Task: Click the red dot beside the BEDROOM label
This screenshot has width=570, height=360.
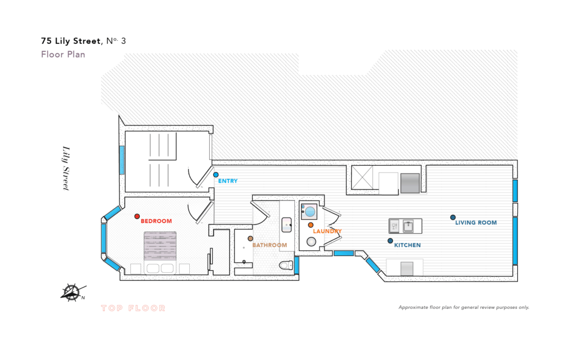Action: [x=137, y=216]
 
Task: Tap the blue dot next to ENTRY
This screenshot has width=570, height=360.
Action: [x=216, y=175]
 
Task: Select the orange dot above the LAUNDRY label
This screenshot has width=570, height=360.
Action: [x=311, y=225]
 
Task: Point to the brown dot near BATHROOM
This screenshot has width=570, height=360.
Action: [x=250, y=239]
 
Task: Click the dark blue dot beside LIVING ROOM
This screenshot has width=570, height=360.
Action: [x=453, y=218]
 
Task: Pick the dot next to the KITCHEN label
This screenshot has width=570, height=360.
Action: [x=390, y=241]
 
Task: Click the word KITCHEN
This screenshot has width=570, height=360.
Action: [x=407, y=245]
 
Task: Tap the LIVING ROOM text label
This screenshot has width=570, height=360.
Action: [x=476, y=223]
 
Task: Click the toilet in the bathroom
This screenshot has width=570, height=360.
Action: [x=287, y=265]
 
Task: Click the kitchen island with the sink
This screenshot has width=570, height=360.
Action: [x=405, y=226]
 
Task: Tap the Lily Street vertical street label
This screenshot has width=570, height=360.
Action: [x=66, y=168]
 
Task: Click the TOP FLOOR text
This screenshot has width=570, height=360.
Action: [x=133, y=308]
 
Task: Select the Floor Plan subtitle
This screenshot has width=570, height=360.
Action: [x=63, y=55]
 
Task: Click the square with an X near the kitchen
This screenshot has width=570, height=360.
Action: [x=362, y=177]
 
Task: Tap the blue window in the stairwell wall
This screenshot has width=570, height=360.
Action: [x=122, y=160]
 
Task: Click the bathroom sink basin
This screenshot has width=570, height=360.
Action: [x=287, y=225]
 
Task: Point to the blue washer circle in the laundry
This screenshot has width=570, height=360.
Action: [x=310, y=211]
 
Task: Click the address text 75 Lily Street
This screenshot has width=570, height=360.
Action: [x=71, y=41]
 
